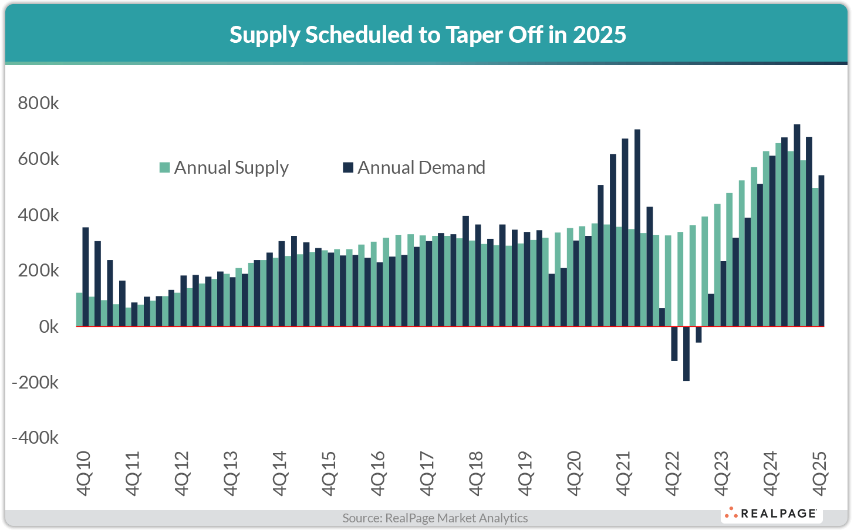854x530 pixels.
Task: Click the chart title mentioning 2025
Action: [x=427, y=35]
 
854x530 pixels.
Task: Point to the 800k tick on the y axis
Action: [x=38, y=103]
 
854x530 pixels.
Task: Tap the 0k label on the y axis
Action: [x=48, y=327]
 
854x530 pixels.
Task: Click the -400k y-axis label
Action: [x=36, y=438]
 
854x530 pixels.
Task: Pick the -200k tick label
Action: [x=36, y=383]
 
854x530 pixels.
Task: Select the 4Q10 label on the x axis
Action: [x=84, y=473]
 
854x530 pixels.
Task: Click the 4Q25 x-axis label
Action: [x=819, y=473]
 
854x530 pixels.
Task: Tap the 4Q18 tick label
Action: [x=476, y=473]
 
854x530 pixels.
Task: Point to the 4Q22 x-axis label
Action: [x=672, y=473]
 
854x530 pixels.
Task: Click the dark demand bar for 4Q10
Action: [x=86, y=276]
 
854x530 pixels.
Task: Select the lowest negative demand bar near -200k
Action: [x=686, y=353]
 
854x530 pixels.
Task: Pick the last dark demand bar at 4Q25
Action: [x=821, y=251]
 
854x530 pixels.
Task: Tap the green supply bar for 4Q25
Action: [x=815, y=257]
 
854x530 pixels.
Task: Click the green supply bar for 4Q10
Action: [x=79, y=309]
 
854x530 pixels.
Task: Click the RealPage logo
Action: [x=771, y=514]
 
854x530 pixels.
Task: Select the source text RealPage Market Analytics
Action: [x=435, y=518]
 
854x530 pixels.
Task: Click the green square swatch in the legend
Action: [x=165, y=168]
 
